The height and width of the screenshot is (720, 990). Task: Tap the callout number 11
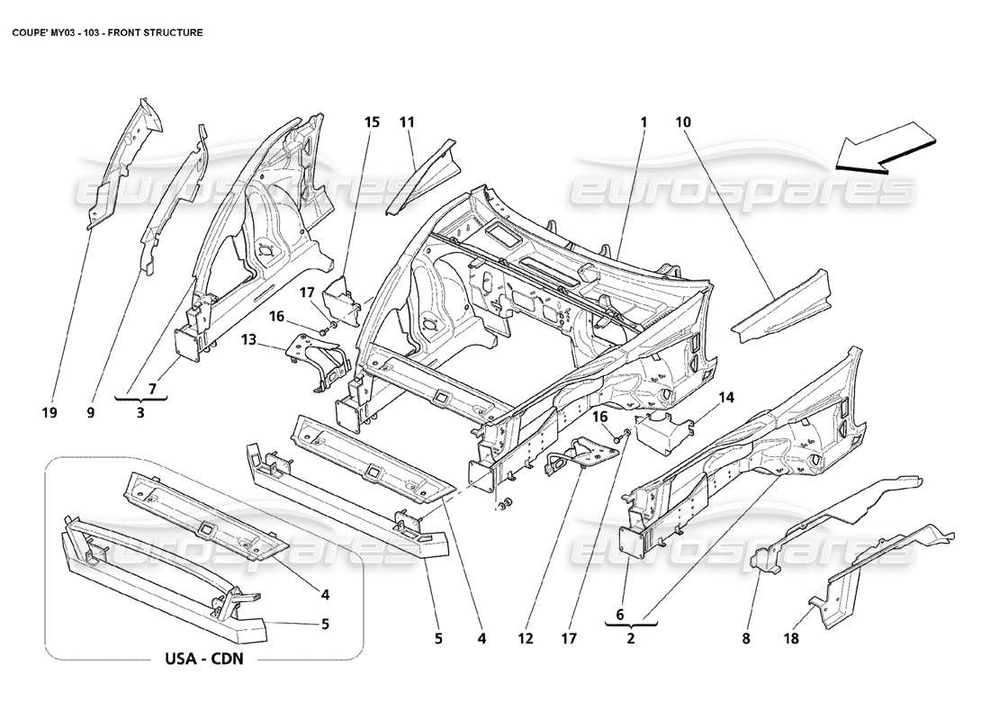[x=406, y=121]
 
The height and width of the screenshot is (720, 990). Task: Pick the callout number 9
[x=90, y=412]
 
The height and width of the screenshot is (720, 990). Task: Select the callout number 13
[x=248, y=338]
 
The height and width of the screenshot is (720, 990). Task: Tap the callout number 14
[x=726, y=396]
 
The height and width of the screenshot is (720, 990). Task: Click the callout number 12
[x=526, y=639]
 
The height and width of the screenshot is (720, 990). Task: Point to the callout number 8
[x=745, y=639]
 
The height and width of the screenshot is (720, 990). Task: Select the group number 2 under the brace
[x=631, y=639]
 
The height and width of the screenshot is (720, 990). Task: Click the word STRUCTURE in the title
[x=171, y=31]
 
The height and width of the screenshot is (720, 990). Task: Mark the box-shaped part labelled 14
[x=663, y=427]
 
